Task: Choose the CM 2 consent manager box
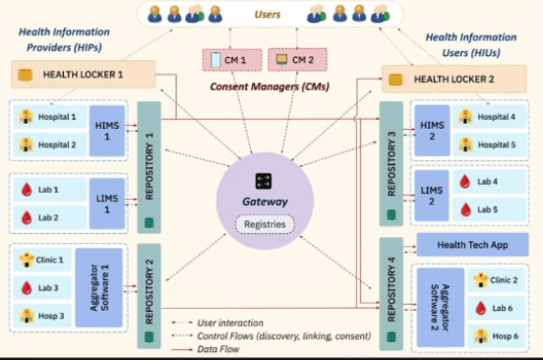point(294,61)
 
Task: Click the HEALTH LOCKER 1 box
point(84,75)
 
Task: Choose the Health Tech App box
point(471,244)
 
